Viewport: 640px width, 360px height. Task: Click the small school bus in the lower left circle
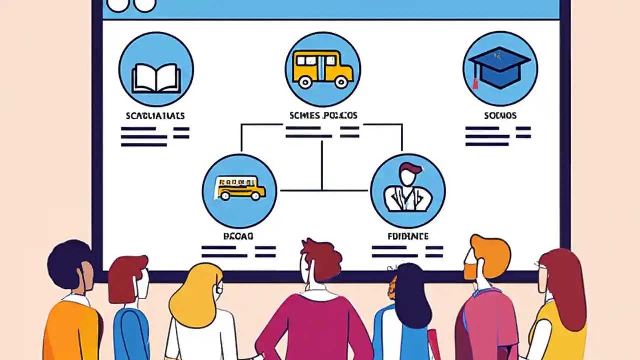click(x=240, y=188)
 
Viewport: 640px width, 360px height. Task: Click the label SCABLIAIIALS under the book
click(x=155, y=116)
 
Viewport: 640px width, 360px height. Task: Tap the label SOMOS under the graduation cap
click(x=500, y=116)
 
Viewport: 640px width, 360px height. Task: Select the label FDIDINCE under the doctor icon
click(x=407, y=236)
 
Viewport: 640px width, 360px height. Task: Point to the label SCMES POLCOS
click(x=323, y=116)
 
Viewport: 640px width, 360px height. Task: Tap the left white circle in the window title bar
click(x=118, y=5)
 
